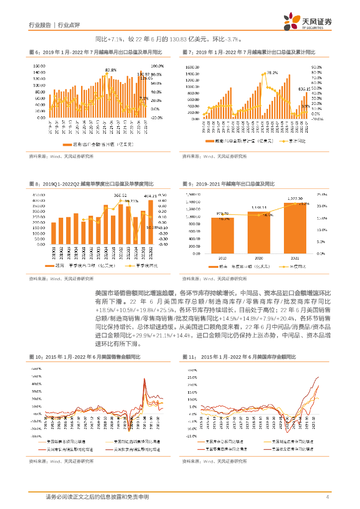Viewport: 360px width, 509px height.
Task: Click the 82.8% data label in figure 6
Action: pyautogui.click(x=110, y=70)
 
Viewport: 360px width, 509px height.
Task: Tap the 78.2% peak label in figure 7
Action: pyautogui.click(x=272, y=73)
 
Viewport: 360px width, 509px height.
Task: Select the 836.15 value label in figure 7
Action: pyautogui.click(x=304, y=89)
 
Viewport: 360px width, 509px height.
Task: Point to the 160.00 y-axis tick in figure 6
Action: pyautogui.click(x=39, y=66)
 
